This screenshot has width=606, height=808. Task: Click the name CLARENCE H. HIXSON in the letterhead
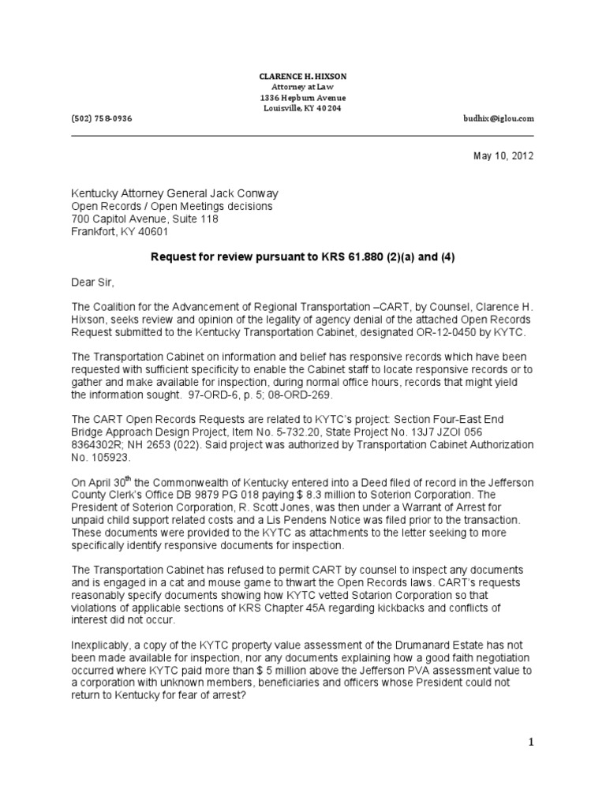(303, 76)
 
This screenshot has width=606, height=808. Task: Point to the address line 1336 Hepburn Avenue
(303, 97)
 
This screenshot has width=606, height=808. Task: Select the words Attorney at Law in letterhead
(303, 86)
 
